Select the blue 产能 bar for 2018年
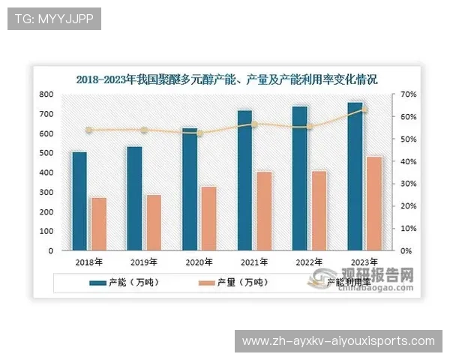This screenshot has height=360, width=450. click(79, 201)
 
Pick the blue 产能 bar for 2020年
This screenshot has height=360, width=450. click(190, 189)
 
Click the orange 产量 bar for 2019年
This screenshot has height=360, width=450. click(154, 222)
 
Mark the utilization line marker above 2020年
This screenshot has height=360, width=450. click(199, 133)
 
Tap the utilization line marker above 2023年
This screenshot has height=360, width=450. click(364, 109)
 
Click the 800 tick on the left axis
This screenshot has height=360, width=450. click(46, 94)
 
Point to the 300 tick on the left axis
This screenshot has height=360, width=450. click(46, 193)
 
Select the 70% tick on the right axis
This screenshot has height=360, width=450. click(408, 94)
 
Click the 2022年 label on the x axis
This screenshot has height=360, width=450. click(310, 262)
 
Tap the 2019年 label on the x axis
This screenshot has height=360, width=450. click(144, 262)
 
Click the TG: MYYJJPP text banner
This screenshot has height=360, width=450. click(53, 19)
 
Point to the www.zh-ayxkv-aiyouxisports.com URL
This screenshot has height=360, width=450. click(340, 341)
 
